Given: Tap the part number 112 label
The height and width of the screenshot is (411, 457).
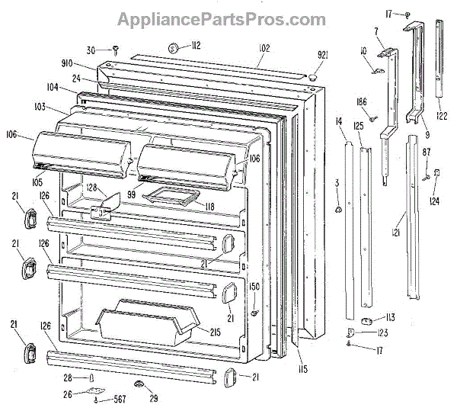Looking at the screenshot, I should coord(196,46).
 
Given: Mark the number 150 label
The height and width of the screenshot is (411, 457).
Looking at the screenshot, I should coord(254,286).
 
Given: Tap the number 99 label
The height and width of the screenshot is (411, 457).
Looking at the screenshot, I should coord(131,194).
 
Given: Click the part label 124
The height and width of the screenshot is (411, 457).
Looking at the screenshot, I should coord(433,202).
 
